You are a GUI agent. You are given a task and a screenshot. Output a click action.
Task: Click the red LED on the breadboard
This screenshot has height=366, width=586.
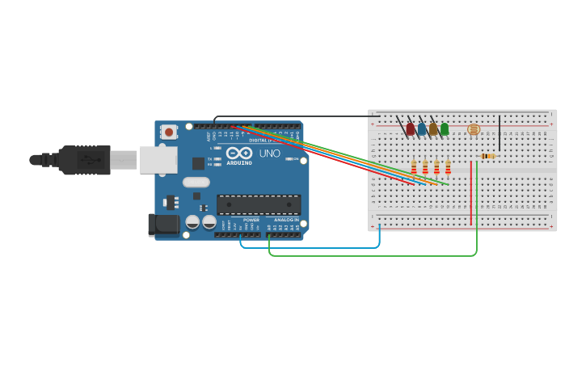pos(411,128)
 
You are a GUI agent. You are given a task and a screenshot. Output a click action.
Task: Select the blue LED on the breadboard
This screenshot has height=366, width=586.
pos(422,128)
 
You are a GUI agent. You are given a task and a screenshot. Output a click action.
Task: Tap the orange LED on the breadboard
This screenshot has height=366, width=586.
pos(433,128)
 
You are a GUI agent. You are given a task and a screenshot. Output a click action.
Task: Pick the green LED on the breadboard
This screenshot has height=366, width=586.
pos(445,128)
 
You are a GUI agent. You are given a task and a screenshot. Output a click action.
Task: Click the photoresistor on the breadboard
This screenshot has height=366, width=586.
pos(474,129)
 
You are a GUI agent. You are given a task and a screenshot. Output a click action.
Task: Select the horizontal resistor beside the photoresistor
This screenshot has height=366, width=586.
pos(487,156)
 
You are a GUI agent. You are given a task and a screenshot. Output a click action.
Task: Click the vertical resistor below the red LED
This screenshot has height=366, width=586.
pos(414,167)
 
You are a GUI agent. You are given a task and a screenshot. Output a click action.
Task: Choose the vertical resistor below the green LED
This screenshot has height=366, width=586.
pos(448,167)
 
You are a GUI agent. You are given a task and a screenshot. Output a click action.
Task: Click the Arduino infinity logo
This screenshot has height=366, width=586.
pos(239,153)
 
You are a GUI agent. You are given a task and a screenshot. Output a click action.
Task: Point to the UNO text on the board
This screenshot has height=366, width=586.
pos(269,154)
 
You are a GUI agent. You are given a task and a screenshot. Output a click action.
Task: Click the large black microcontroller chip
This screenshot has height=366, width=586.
pos(259,204)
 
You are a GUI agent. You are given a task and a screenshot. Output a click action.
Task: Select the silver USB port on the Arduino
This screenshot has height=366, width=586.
pos(158,160)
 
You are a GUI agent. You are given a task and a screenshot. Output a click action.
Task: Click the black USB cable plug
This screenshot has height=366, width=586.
pos(85,160)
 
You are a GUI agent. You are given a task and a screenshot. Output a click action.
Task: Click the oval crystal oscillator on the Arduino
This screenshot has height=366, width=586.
pos(196,182)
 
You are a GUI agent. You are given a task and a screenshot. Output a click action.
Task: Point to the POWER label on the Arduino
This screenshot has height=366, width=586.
pos(251,220)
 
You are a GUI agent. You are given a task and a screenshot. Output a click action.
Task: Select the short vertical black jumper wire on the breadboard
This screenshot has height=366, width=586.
pos(500,133)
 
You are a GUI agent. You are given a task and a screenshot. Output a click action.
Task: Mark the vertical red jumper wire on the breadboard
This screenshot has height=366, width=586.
pos(471,194)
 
